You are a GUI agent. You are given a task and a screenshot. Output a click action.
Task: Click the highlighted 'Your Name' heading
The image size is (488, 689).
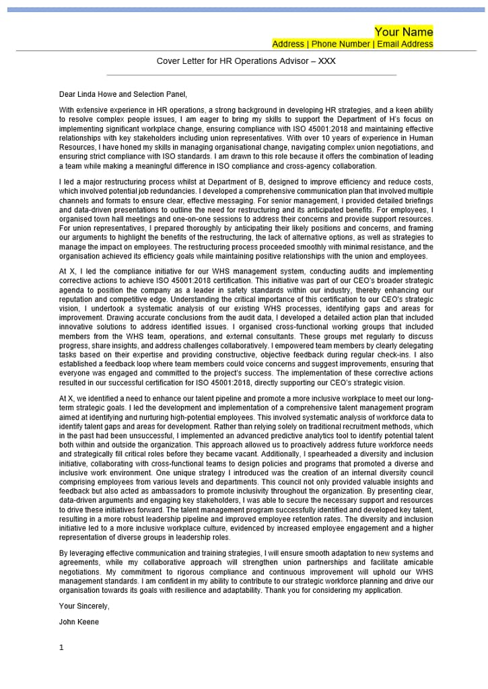click(x=404, y=32)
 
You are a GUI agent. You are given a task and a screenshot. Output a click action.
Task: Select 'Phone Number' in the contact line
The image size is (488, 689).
click(x=341, y=44)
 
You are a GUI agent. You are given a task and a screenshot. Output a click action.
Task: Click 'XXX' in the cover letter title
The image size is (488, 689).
click(x=326, y=61)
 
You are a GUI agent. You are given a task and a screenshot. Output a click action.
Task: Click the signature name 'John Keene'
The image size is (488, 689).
click(x=79, y=622)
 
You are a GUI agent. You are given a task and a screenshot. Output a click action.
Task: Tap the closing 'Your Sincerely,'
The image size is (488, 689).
click(x=84, y=606)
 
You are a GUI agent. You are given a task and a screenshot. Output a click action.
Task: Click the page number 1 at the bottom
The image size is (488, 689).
click(x=61, y=647)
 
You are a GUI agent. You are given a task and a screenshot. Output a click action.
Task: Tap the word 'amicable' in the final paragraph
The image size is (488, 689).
click(x=418, y=562)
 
